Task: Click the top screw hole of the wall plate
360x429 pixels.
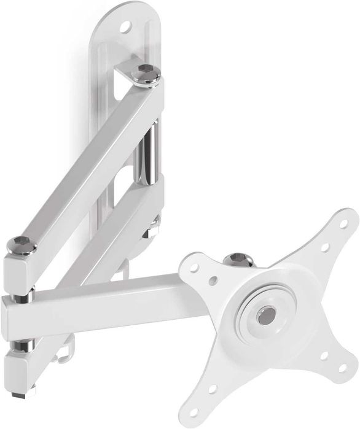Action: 125,26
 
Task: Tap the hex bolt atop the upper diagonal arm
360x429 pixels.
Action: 146,72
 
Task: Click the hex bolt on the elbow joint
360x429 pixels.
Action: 21,245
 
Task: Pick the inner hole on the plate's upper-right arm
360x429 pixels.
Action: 324,249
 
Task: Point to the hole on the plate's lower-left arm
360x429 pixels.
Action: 213,388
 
